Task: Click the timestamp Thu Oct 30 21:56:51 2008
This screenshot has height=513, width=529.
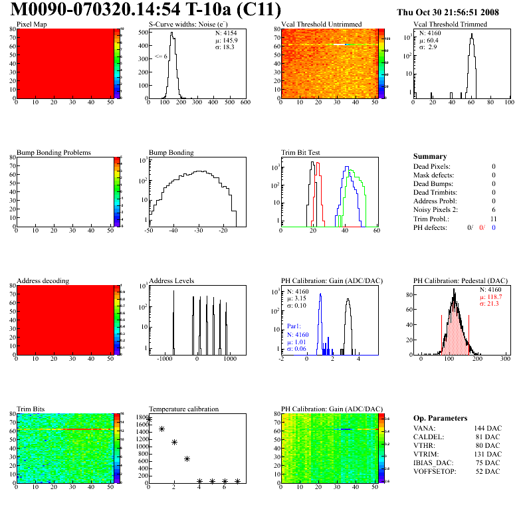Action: coord(447,12)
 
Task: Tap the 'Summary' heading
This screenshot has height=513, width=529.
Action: coord(430,156)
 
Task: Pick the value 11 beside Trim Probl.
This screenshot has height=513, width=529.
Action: coord(492,219)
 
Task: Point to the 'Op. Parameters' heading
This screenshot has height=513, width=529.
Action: coord(440,418)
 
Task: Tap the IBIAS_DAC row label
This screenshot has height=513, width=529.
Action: coord(433,462)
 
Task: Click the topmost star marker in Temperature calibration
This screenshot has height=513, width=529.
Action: coord(149,420)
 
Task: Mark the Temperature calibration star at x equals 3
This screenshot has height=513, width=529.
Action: coord(187,459)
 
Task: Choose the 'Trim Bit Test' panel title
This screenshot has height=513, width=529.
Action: coord(301,152)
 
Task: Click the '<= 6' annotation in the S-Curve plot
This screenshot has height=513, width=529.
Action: coord(160,56)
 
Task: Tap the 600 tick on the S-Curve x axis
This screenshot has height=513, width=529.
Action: coord(245,103)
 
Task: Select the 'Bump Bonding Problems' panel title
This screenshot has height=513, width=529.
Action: coord(54,152)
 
